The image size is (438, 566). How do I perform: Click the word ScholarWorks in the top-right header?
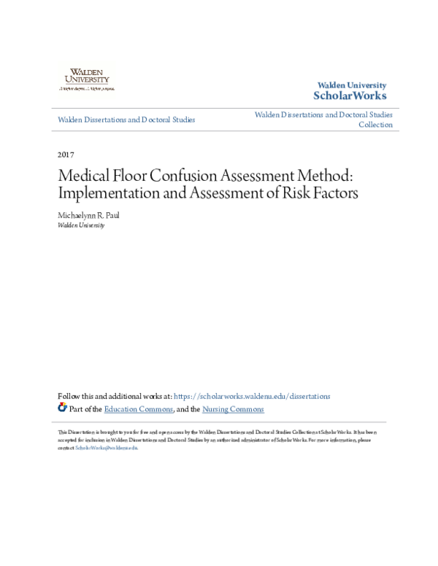[x=350, y=96]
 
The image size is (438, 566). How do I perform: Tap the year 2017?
[x=65, y=155]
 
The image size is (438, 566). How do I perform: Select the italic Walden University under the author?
[x=80, y=225]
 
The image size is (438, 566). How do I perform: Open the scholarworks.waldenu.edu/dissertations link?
[x=252, y=396]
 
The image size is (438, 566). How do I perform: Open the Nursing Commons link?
[x=233, y=409]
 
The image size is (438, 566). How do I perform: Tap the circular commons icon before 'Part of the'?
[x=62, y=408]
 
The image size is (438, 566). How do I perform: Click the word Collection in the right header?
[x=375, y=125]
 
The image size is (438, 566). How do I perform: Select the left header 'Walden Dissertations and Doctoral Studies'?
[x=126, y=120]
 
